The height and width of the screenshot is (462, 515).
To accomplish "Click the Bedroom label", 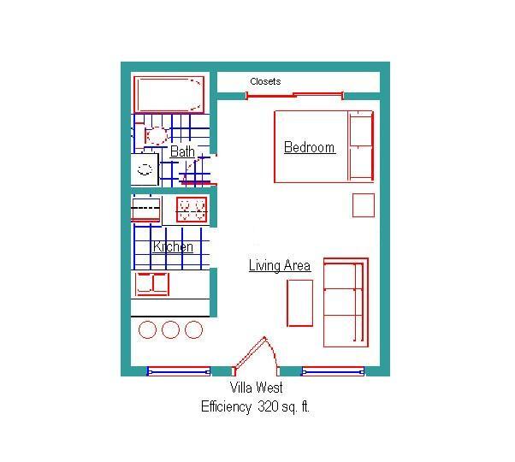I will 309,147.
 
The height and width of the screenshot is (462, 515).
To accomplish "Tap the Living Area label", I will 279,265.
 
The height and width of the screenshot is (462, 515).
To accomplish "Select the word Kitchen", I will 173,247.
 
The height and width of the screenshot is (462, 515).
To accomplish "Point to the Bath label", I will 182,151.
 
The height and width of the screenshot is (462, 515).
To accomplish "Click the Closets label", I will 265,82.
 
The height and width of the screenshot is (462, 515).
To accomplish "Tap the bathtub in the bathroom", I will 169,93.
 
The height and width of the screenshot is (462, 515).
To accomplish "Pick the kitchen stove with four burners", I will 192,209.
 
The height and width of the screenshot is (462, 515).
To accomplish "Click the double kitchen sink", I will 152,283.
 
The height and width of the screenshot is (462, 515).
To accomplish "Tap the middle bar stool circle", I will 170,329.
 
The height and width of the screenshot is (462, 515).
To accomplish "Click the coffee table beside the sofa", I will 299,303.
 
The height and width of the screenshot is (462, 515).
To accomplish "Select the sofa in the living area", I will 345,302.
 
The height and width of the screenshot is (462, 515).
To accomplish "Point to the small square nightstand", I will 364,205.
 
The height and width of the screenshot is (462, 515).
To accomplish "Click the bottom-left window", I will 178,371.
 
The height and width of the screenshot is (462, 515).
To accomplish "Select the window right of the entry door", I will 333,371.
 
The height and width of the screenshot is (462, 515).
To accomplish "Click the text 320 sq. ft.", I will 283,407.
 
